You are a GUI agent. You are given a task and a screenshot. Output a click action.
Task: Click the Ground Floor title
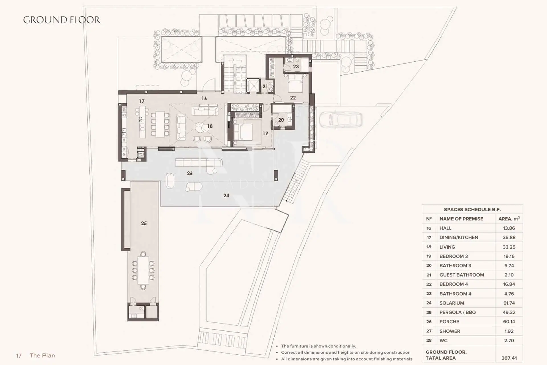62,20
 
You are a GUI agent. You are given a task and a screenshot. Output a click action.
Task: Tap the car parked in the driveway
341,119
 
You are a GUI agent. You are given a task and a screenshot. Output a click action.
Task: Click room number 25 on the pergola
144,223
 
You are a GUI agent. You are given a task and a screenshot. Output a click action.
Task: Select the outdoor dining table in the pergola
143,270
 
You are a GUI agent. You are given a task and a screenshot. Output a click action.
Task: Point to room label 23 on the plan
296,66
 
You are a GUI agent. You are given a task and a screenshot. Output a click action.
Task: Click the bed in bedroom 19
243,132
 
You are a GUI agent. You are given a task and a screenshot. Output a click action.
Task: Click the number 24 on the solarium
226,195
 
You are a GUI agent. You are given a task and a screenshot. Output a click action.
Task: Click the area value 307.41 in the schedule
509,358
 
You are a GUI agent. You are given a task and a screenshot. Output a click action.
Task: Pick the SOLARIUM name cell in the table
452,303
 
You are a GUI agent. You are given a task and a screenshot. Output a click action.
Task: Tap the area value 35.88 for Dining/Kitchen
509,238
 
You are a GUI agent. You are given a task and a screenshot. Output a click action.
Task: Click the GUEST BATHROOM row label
462,275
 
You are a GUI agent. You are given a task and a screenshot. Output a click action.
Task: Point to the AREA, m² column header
509,219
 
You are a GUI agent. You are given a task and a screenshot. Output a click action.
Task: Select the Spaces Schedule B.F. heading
472,210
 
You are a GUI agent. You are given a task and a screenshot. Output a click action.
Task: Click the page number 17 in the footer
19,356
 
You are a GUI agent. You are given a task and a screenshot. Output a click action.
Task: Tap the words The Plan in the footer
42,356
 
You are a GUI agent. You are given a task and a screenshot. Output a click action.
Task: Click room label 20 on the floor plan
281,120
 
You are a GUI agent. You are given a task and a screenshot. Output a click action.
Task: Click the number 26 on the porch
190,173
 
